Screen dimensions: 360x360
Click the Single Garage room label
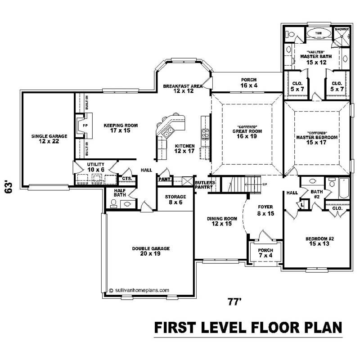(49, 138)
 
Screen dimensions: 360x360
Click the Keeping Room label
(121, 128)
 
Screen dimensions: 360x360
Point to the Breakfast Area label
(178, 88)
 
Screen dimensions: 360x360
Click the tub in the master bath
(319, 33)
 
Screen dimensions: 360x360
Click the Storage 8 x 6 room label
(175, 199)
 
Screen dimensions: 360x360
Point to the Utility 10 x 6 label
(96, 167)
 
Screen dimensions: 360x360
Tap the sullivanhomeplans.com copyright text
(139, 290)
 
